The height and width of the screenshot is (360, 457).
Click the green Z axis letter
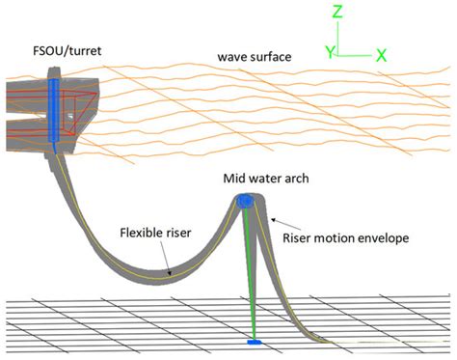tap(336, 13)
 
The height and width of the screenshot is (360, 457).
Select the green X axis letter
tap(381, 55)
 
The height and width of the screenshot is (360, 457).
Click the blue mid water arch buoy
tap(244, 201)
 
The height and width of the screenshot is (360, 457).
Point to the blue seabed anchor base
tap(255, 341)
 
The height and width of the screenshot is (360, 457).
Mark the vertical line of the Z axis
tap(336, 38)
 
